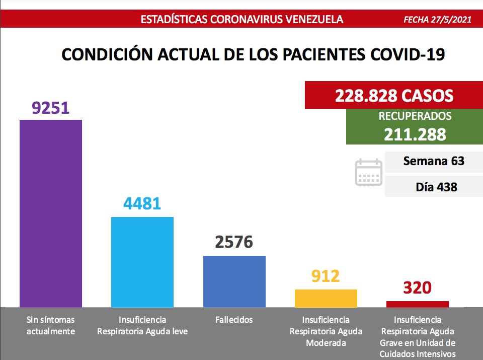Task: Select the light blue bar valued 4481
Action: coord(142,261)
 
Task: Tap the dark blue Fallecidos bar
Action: coord(234,281)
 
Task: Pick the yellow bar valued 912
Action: coord(326,298)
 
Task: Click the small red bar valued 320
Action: coord(418,304)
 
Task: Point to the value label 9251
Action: coord(50,108)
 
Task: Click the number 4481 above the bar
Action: coord(142,204)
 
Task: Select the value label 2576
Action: coord(234,242)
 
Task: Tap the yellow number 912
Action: coord(326,276)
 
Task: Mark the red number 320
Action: coord(418,288)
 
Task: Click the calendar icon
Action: coord(369,173)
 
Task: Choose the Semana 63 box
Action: coord(433,162)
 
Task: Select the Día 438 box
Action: coord(433,187)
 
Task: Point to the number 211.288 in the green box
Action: coord(415,134)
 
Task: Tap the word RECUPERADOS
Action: coord(415,116)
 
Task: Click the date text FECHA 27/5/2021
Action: coord(437,20)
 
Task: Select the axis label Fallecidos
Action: coord(234,320)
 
